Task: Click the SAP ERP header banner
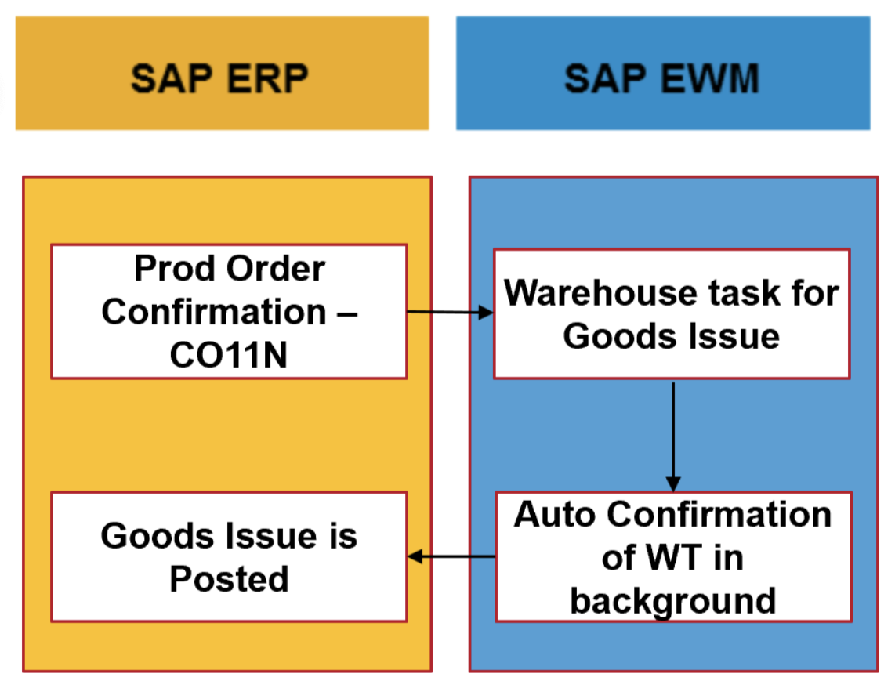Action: click(x=222, y=73)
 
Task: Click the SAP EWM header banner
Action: click(x=663, y=73)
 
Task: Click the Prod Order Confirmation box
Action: click(x=229, y=311)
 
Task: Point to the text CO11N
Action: click(x=229, y=355)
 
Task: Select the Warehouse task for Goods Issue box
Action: click(x=672, y=313)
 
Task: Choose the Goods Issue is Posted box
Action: click(x=229, y=556)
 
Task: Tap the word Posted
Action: click(x=230, y=579)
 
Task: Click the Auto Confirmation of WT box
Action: click(x=672, y=556)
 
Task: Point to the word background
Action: click(x=672, y=601)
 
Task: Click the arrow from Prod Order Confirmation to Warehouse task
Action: click(x=450, y=312)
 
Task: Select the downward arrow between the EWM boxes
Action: click(x=672, y=435)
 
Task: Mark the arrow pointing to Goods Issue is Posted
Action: click(x=451, y=556)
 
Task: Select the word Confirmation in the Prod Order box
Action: click(x=214, y=312)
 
